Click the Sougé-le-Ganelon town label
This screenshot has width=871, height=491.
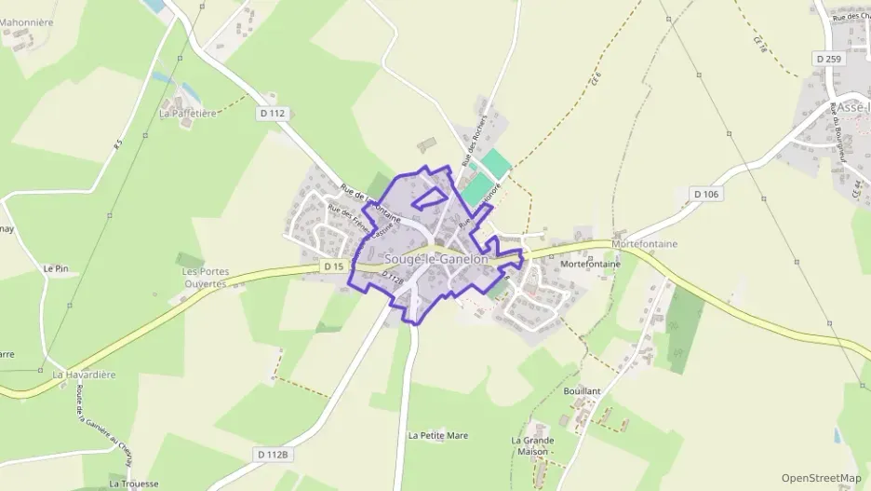435,259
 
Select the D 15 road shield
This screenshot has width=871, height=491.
334,266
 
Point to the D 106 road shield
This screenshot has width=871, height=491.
706,194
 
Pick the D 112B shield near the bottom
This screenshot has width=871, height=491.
272,454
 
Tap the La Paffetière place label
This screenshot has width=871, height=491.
188,113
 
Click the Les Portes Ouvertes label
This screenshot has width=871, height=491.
205,278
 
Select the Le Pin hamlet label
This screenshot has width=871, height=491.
56,268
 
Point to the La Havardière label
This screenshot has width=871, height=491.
84,375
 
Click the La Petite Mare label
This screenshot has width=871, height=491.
438,435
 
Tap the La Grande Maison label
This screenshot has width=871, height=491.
532,446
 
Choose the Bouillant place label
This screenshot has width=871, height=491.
583,391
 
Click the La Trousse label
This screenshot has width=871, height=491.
129,484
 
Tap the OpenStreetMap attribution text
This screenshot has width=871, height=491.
822,478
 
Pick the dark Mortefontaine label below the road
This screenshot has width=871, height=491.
590,264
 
